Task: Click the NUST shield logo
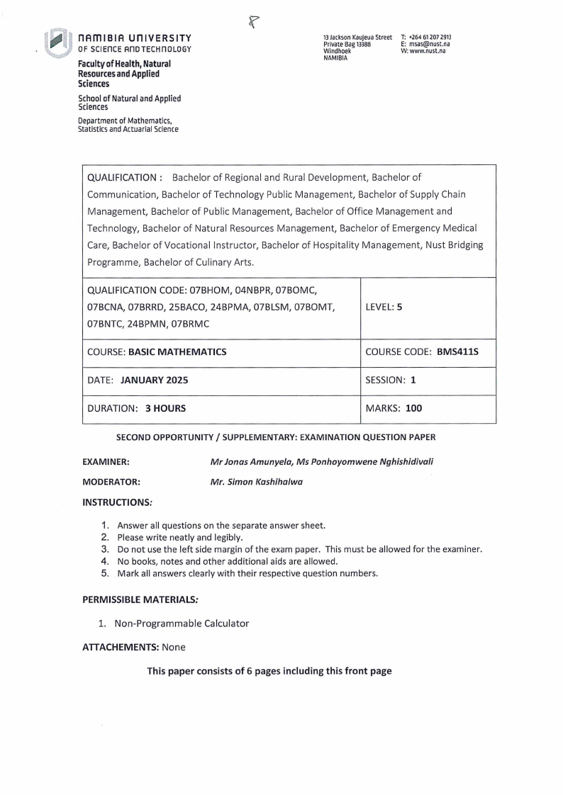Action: [x=56, y=43]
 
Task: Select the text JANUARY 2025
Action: [x=155, y=380]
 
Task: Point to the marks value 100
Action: [x=413, y=408]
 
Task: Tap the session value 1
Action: [x=413, y=380]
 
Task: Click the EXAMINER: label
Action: [x=106, y=462]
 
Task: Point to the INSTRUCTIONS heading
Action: [x=117, y=502]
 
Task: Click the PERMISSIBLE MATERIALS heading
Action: [x=140, y=600]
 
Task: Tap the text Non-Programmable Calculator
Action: [x=182, y=624]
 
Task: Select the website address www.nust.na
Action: [x=428, y=52]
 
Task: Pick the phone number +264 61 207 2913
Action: [x=430, y=37]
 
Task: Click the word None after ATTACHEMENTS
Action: [x=174, y=647]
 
